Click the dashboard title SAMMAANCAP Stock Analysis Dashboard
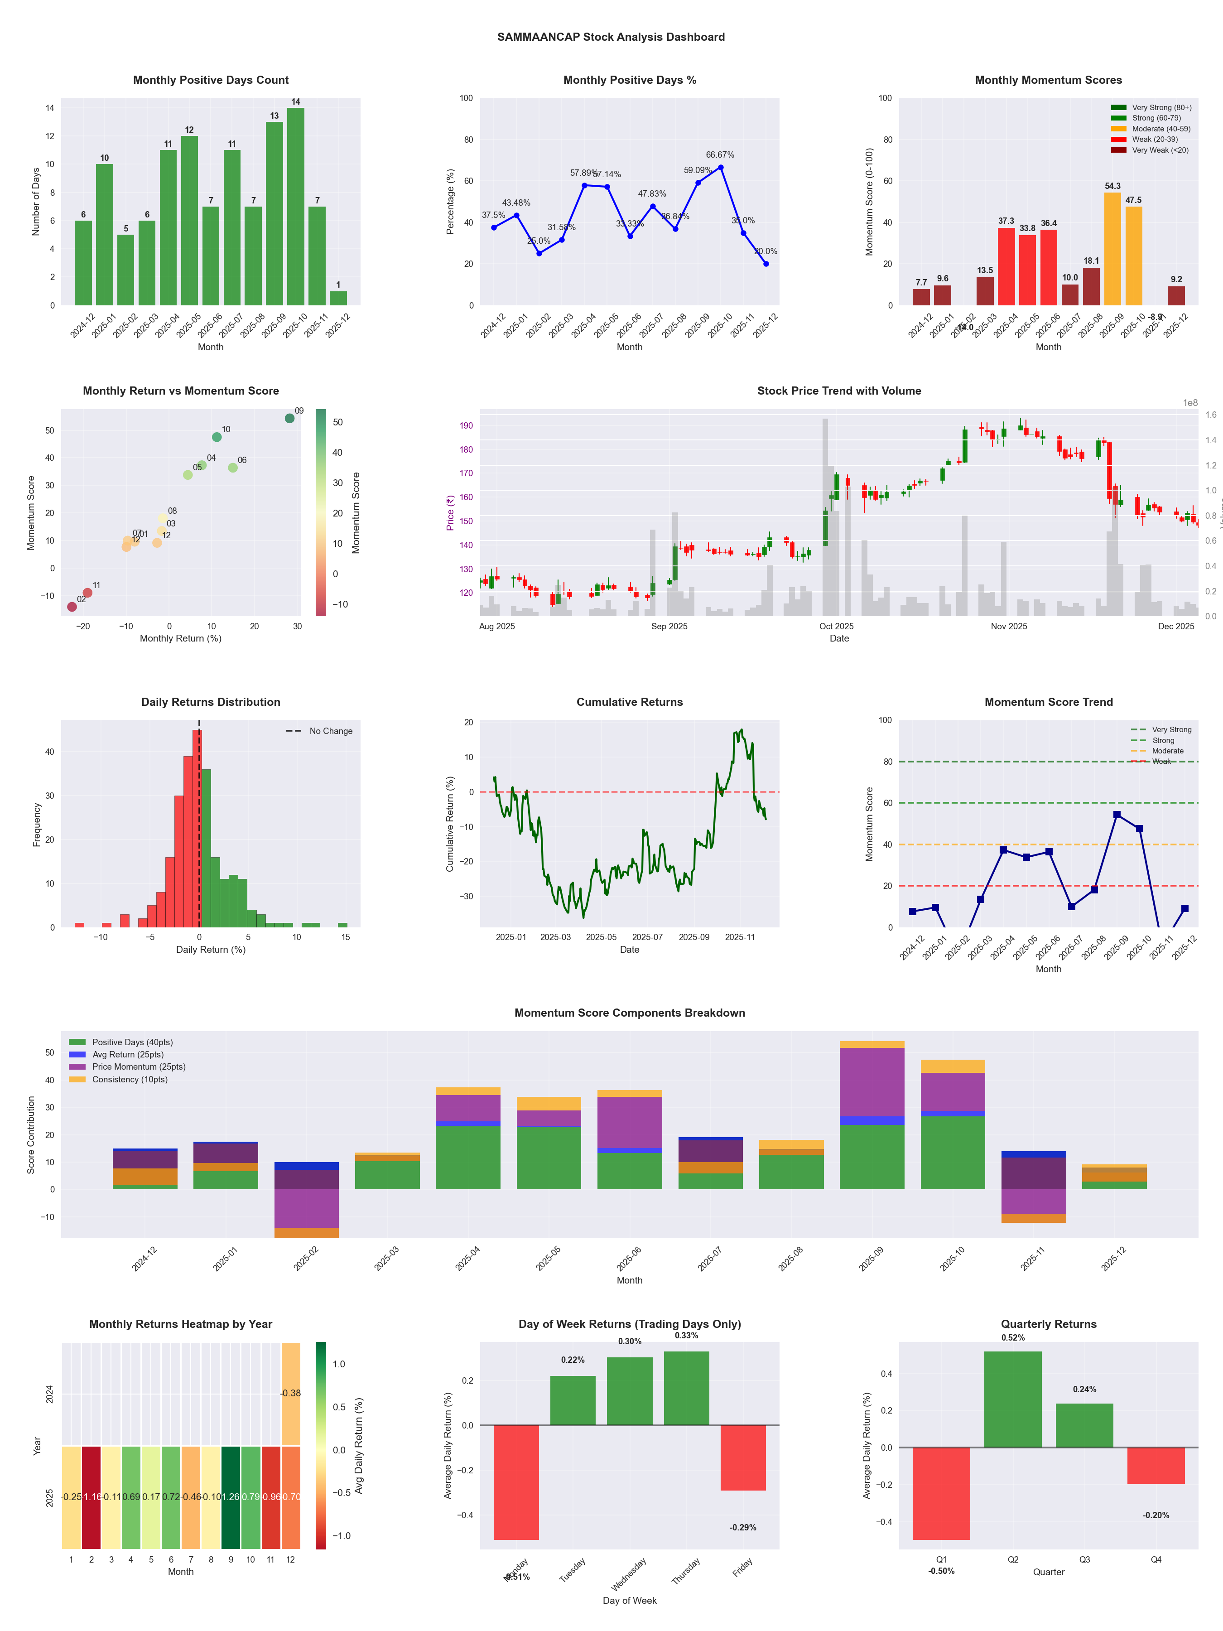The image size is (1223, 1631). tap(611, 37)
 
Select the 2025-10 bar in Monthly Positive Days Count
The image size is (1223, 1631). tap(296, 207)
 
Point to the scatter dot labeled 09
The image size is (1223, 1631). tap(290, 418)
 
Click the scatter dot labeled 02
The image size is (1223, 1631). tap(72, 607)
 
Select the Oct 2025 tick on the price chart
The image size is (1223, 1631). tap(836, 626)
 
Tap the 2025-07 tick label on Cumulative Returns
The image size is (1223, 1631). tap(647, 937)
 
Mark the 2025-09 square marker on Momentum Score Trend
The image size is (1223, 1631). tap(1117, 815)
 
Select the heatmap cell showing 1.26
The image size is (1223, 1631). tap(231, 1497)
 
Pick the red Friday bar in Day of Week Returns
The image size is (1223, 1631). tap(743, 1458)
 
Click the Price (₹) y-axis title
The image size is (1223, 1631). tap(450, 512)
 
